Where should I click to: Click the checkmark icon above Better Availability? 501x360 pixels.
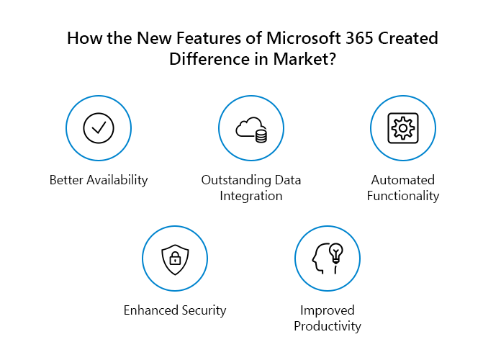99,128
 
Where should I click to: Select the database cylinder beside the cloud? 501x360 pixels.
261,135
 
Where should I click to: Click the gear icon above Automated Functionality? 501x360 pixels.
403,128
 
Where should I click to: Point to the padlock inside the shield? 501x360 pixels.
175,258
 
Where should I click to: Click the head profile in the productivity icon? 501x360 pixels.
320,259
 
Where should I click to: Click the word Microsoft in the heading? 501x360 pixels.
304,38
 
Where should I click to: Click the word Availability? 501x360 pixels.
117,180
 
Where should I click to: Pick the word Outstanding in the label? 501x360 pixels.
235,180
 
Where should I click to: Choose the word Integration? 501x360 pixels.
250,196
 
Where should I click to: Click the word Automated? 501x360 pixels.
403,180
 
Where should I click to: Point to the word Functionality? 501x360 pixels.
403,196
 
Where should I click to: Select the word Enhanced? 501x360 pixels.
151,310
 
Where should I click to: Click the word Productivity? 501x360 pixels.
328,326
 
